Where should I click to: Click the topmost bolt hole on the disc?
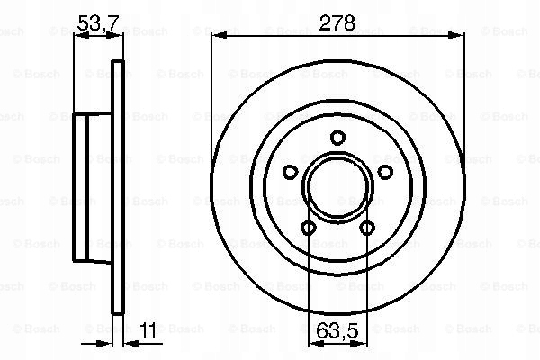pyautogui.click(x=337, y=138)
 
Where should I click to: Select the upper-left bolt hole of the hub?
pyautogui.click(x=290, y=173)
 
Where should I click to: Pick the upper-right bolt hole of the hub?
pyautogui.click(x=385, y=173)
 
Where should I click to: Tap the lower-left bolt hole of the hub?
pyautogui.click(x=308, y=229)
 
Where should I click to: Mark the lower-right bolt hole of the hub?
pyautogui.click(x=367, y=229)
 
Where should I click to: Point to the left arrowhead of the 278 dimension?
pyautogui.click(x=216, y=35)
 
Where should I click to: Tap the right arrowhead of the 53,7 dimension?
pyautogui.click(x=119, y=35)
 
